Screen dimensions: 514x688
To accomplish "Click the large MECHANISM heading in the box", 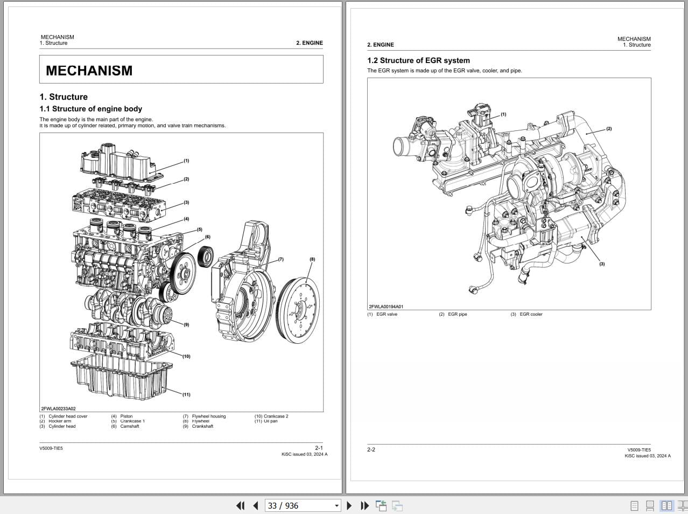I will click(x=89, y=71).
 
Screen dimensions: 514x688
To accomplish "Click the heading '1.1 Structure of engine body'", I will click(x=90, y=109).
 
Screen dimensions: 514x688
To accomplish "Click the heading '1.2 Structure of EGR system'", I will click(x=418, y=60).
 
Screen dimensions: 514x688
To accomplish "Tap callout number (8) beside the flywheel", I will click(x=312, y=259).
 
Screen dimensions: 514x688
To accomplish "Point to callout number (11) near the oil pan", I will click(x=186, y=394).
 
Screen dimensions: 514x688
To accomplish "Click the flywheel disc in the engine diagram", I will click(x=300, y=310).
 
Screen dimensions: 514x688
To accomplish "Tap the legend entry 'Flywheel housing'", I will click(x=209, y=416).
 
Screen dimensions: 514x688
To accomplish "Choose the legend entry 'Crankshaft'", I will click(x=202, y=426).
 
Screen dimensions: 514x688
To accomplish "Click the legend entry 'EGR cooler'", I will click(x=531, y=314).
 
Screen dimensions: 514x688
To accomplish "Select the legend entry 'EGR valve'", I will click(x=387, y=314).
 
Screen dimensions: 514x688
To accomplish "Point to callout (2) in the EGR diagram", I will click(x=609, y=129).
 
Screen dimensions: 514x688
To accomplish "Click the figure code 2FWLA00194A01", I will click(x=386, y=307).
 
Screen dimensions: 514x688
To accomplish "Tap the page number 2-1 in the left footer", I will click(x=319, y=448).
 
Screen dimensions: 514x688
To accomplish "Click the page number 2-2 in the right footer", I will click(x=371, y=449).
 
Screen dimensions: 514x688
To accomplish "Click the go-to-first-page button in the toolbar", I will click(x=240, y=505).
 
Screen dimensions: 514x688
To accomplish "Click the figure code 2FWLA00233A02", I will click(x=58, y=409).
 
